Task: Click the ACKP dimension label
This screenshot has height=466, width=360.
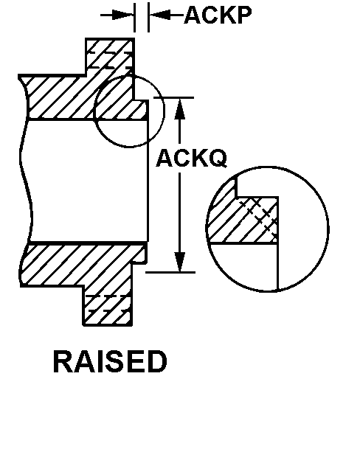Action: pos(218,15)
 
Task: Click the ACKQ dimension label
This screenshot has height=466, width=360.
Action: pos(192,158)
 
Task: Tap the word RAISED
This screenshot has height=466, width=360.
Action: pos(110,361)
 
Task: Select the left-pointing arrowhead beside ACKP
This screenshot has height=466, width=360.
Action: pos(160,15)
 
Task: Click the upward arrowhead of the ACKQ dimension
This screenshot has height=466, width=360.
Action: pos(179,109)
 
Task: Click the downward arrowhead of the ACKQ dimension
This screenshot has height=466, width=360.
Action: pos(179,261)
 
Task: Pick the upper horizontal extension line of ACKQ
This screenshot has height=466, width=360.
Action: pos(173,97)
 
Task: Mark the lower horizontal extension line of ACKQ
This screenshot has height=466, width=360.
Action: pos(170,272)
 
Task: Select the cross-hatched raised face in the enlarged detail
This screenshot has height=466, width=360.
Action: pos(259,220)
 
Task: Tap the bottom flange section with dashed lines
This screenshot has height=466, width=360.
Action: pos(108,309)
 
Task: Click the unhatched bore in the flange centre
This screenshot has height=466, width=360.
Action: pos(86,181)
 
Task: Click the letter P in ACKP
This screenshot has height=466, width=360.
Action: pos(243,15)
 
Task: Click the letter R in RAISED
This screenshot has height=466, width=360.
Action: pos(61,362)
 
